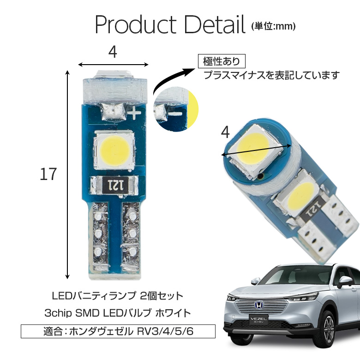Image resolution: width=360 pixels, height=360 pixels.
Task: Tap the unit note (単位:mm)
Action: pos(273,26)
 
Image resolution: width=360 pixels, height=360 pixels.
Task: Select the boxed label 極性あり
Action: pos(222,61)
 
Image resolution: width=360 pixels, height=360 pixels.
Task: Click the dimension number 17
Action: pos(48,174)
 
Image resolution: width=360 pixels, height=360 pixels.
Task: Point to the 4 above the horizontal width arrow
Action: pos(113,52)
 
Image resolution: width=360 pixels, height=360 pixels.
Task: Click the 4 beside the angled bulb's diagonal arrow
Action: pos(225,132)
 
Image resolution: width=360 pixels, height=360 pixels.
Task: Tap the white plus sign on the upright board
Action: pos(134,113)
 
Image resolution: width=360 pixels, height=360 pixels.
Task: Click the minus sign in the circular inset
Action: pos(175,114)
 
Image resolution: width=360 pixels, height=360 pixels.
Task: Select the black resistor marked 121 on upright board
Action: pos(115,185)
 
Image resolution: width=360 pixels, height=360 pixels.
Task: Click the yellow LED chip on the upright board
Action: pos(114,150)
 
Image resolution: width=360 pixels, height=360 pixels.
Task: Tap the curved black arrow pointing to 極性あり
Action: pos(172,79)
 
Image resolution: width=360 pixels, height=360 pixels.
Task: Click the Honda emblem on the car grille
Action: pos(258,305)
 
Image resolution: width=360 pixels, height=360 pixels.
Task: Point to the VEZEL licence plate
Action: pos(258,320)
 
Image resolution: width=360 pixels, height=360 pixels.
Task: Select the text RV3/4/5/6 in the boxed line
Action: pos(165,331)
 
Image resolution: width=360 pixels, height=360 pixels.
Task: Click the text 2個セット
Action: pos(162,296)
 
